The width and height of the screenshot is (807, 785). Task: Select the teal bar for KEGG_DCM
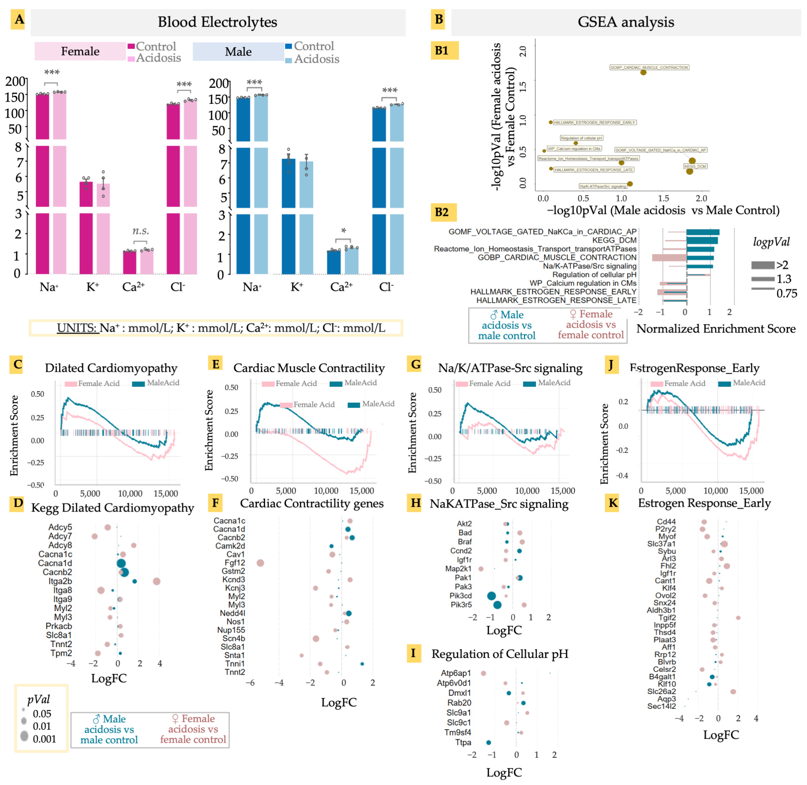701,240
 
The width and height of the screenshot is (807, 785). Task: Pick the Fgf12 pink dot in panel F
260,563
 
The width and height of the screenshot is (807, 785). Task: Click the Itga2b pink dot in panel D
156,581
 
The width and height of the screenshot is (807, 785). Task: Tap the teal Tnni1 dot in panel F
362,664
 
